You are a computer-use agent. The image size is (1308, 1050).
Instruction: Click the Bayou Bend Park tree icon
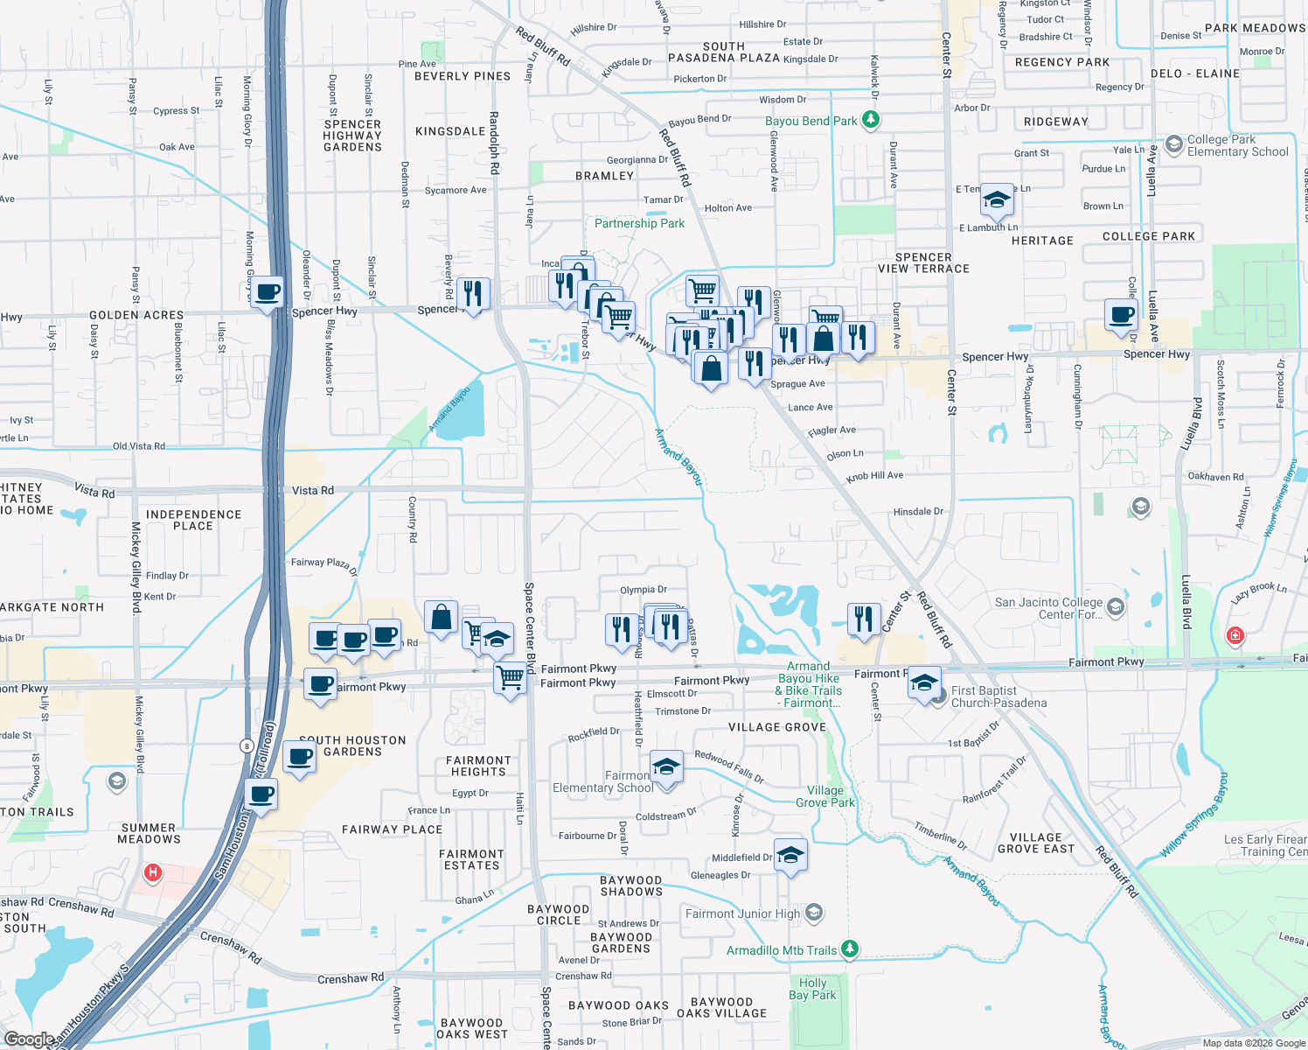[870, 119]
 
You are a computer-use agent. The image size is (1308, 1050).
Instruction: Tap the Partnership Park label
[639, 223]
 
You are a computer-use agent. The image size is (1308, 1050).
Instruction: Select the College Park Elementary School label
[1237, 145]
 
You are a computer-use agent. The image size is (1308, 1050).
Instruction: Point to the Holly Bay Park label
[812, 989]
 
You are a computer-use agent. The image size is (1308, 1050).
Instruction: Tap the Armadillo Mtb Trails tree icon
[849, 949]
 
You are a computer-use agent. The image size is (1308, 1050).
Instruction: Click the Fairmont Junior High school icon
[814, 913]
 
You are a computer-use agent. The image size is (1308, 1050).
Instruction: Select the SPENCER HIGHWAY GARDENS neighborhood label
[352, 136]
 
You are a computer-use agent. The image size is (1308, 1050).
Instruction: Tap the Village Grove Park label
[825, 796]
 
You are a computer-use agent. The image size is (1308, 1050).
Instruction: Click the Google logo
[29, 1039]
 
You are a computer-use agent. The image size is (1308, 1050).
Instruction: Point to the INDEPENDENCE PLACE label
[193, 520]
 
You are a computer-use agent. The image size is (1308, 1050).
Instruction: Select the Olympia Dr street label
[644, 590]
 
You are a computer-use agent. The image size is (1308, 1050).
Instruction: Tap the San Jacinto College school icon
[1115, 605]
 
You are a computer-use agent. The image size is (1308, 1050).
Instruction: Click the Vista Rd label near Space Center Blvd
[312, 490]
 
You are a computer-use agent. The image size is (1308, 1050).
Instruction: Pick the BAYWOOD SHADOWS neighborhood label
[631, 885]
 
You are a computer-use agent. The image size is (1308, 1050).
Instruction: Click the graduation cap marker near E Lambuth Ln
[997, 200]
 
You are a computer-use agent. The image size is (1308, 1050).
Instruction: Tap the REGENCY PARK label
[1062, 62]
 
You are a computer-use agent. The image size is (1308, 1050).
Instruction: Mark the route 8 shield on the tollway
[247, 745]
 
